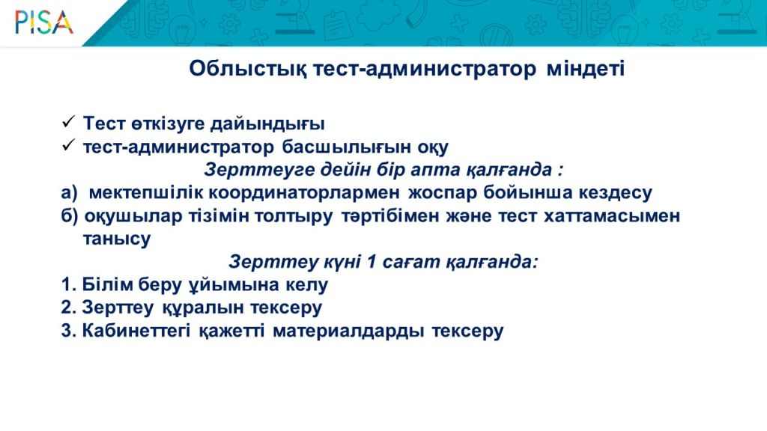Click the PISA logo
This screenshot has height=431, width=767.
(44, 22)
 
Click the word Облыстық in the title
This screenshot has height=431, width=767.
(248, 69)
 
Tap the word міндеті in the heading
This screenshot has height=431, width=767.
(586, 68)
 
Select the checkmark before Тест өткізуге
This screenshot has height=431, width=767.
(68, 121)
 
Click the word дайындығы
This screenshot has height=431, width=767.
(267, 124)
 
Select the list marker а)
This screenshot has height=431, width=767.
(70, 193)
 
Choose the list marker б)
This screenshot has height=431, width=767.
(70, 216)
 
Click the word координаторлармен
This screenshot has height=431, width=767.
(304, 193)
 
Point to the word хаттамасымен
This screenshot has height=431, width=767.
(612, 215)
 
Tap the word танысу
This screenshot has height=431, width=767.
(117, 239)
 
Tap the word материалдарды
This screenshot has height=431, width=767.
(348, 331)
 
